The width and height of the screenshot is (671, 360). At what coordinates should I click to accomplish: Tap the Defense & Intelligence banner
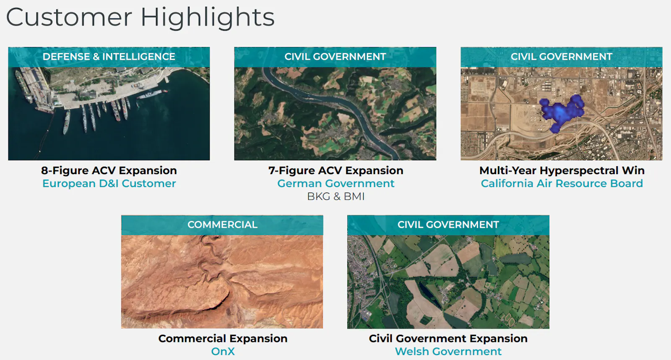pyautogui.click(x=109, y=57)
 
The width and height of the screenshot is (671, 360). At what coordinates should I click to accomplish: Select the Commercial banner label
pyautogui.click(x=222, y=225)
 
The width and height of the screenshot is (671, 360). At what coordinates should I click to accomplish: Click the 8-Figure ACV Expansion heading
pyautogui.click(x=109, y=170)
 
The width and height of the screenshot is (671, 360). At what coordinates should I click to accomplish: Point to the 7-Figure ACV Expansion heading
pyautogui.click(x=336, y=170)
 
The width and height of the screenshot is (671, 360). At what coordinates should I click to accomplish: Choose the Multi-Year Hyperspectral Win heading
pyautogui.click(x=562, y=170)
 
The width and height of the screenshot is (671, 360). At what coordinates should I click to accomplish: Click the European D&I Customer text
pyautogui.click(x=109, y=183)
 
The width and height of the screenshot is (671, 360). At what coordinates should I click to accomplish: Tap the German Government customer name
pyautogui.click(x=336, y=183)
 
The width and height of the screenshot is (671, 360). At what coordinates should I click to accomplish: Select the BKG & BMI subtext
pyautogui.click(x=336, y=197)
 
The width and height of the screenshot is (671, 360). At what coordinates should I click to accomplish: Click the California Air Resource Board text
pyautogui.click(x=562, y=183)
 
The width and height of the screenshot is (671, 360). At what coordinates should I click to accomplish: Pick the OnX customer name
pyautogui.click(x=223, y=351)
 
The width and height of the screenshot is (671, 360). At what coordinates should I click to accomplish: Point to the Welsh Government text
pyautogui.click(x=448, y=351)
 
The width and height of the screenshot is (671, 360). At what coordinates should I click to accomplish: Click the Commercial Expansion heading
pyautogui.click(x=223, y=339)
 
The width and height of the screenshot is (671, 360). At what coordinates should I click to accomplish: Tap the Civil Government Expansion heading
pyautogui.click(x=448, y=339)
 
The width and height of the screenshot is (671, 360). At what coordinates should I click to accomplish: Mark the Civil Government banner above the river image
pyautogui.click(x=335, y=57)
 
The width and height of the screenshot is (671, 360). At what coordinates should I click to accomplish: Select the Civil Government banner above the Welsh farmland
pyautogui.click(x=448, y=225)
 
